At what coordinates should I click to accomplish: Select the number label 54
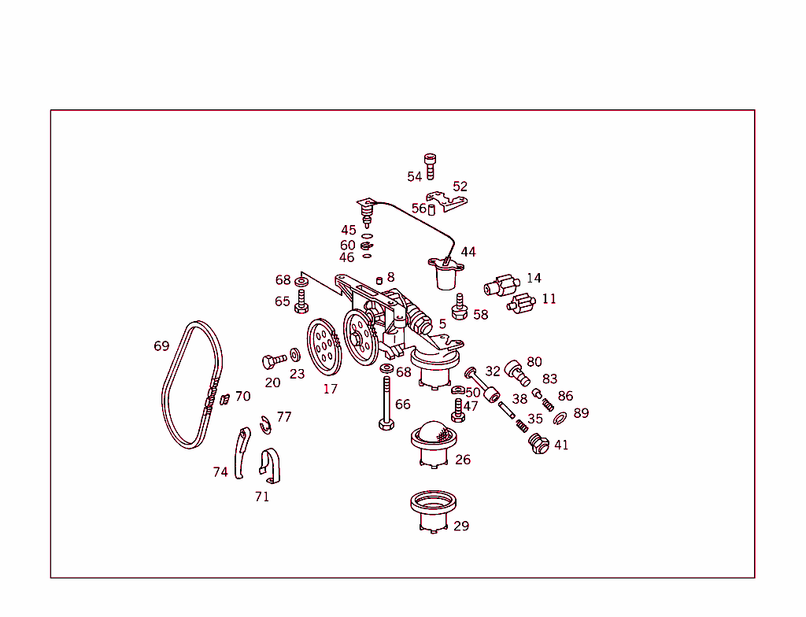pos(414,177)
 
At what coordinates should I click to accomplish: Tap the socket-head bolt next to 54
pos(430,164)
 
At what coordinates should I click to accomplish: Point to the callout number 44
pos(468,252)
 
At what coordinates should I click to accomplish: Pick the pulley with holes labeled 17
pos(323,347)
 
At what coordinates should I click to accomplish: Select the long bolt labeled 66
pos(386,403)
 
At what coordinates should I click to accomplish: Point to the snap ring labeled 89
pos(560,417)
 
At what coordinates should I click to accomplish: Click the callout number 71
pos(262,497)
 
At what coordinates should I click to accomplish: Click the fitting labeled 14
pos(500,285)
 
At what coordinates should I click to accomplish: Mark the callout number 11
pos(549,299)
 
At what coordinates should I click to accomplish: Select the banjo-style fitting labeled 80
pos(516,371)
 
